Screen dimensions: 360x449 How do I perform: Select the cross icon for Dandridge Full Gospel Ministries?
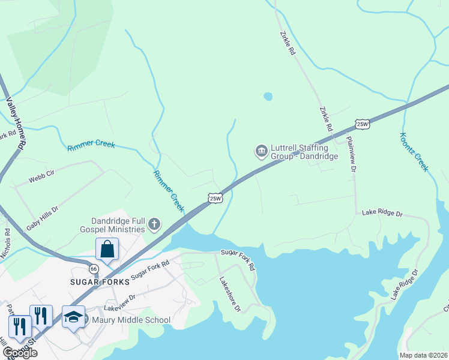154,225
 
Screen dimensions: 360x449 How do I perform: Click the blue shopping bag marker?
107,248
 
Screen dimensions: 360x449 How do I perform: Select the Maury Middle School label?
131,320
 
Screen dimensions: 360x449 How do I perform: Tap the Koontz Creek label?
414,152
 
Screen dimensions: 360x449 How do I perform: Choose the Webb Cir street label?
41,176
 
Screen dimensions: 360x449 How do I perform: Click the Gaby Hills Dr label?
42,218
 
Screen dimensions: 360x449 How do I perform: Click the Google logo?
20,353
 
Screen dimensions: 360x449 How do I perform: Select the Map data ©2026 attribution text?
424,355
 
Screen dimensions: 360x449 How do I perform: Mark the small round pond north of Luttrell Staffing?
268,96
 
